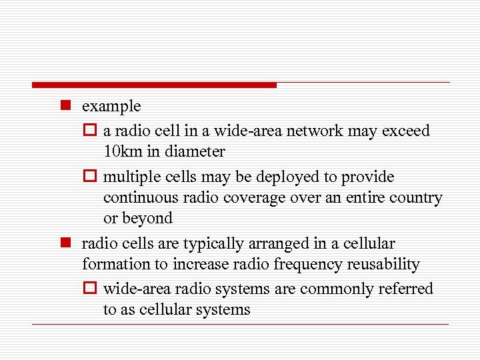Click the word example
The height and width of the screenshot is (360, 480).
[111, 107]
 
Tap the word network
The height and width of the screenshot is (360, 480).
[316, 131]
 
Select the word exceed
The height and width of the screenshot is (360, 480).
[406, 131]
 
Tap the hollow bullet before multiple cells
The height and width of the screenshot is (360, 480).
[92, 177]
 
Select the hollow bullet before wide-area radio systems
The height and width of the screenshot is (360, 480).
[92, 289]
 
